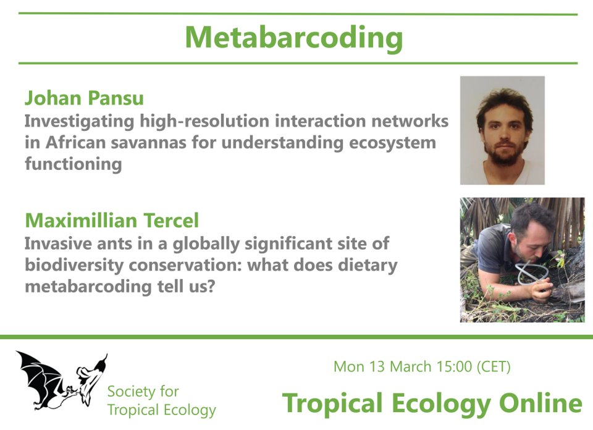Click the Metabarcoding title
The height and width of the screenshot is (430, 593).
click(294, 38)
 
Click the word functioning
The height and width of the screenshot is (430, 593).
click(73, 165)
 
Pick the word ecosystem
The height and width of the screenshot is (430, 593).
click(387, 143)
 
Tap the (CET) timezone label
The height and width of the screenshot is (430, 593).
click(493, 366)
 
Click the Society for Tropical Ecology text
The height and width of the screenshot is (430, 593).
click(161, 400)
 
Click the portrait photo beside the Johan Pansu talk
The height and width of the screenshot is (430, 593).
click(502, 130)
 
